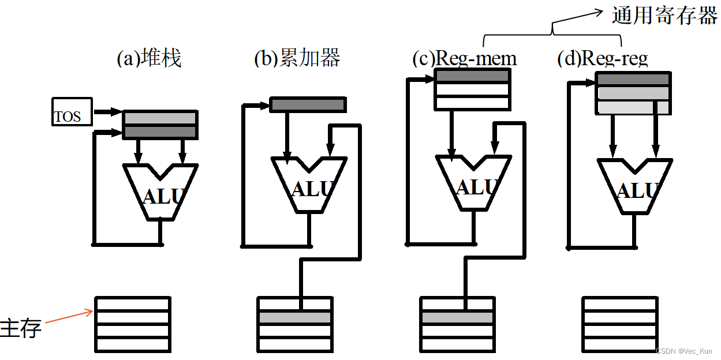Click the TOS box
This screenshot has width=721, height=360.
tap(72, 112)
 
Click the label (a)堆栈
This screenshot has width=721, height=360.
tap(149, 58)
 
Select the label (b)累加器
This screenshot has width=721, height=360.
tap(297, 58)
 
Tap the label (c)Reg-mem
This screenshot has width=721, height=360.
tap(465, 58)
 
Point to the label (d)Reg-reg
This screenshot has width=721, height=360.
tap(603, 58)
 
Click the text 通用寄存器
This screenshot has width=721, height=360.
tap(664, 16)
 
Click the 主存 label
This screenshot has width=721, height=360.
tap(21, 328)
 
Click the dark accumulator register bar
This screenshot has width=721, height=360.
tap(308, 105)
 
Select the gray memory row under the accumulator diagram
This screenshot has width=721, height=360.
tap(294, 317)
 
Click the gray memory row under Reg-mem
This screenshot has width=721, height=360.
tap(457, 317)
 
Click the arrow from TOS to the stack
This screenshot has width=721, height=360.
tap(108, 111)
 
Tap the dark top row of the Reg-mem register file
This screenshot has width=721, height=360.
tap(472, 76)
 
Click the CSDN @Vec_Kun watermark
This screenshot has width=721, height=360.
tap(683, 351)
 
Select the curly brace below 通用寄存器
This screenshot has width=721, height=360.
tap(552, 32)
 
